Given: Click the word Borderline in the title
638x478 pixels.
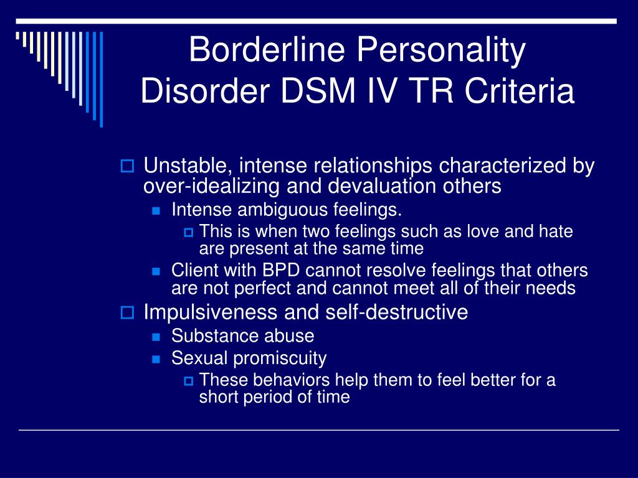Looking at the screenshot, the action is (x=267, y=49).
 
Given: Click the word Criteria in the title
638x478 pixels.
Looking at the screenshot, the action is (x=520, y=90).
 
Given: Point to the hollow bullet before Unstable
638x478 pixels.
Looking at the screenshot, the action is (x=127, y=166).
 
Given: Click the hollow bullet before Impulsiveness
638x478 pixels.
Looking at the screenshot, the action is (x=127, y=312).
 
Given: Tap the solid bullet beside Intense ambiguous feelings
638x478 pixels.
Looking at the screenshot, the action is (x=156, y=210).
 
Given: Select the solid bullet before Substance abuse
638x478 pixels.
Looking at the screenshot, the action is (x=156, y=337).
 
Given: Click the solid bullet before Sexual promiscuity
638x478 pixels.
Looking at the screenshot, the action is (x=156, y=359).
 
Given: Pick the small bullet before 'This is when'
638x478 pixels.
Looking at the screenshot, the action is (x=188, y=233).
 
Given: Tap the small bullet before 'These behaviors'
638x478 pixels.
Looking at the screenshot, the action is (x=188, y=381).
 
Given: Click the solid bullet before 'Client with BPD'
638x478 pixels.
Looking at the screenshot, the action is (x=156, y=271).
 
